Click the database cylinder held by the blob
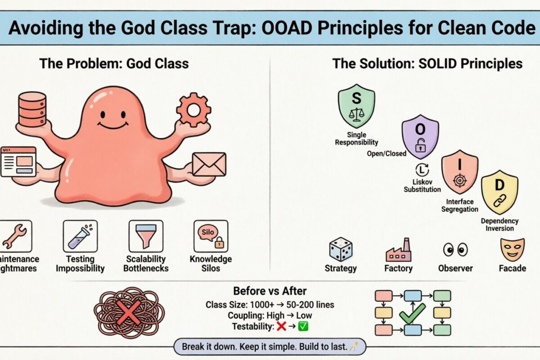point(32,109)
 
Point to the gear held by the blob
point(193,109)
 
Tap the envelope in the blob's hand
point(209,164)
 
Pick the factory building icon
point(398,250)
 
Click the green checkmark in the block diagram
point(412,313)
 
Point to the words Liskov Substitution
point(422,186)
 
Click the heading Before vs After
point(270,291)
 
